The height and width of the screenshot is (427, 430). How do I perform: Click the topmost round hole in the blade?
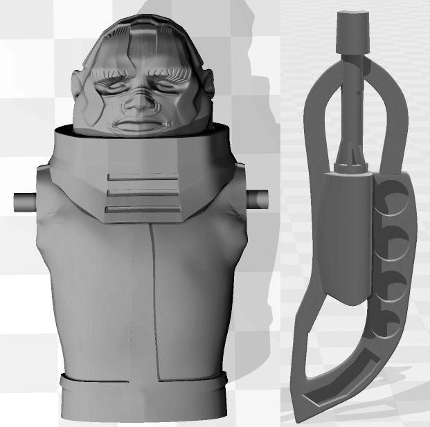click(392, 197)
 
